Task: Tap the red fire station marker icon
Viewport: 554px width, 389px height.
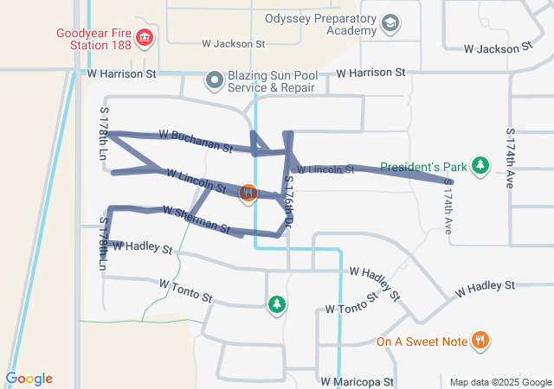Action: tap(145, 37)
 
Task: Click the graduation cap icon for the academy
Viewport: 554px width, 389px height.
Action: tap(390, 23)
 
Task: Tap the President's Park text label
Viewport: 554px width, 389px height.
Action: tap(423, 166)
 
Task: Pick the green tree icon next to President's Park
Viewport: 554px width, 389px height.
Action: tap(482, 165)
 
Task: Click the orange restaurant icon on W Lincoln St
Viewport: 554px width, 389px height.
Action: tap(248, 193)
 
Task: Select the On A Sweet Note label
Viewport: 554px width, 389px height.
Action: tap(422, 341)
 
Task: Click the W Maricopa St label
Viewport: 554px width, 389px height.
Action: tap(357, 381)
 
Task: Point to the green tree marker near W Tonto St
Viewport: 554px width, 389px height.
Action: tap(276, 304)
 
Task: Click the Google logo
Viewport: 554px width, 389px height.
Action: tap(29, 379)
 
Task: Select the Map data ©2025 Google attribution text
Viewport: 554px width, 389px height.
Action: tap(499, 382)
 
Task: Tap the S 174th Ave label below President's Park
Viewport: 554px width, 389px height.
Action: tap(449, 211)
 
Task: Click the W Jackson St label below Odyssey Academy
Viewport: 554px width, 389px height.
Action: tap(233, 43)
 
